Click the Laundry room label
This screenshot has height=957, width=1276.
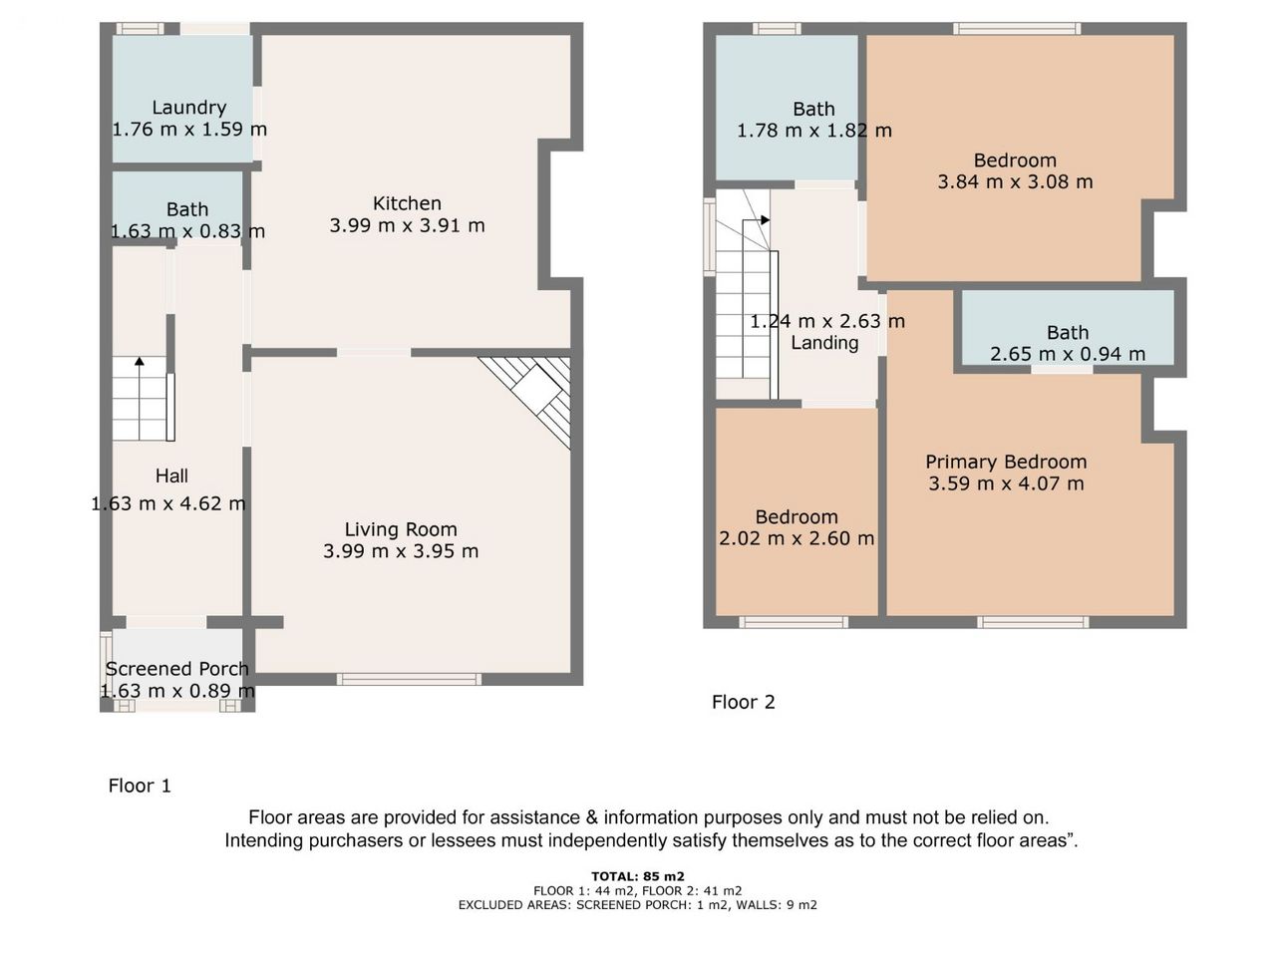(x=189, y=108)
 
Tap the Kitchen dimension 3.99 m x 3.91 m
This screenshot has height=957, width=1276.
(x=407, y=225)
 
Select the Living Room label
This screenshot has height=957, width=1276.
(x=401, y=529)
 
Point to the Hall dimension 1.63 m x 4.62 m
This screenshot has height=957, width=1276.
(x=168, y=503)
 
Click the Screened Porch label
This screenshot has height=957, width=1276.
(x=176, y=669)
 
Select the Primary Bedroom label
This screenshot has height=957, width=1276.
(x=1006, y=462)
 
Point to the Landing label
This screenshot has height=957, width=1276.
(x=824, y=343)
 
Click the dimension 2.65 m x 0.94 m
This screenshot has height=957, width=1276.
(x=1068, y=354)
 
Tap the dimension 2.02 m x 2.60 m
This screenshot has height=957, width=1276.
(x=797, y=538)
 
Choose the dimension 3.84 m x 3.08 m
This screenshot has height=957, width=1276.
(x=1015, y=181)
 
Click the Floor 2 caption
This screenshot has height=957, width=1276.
(x=743, y=702)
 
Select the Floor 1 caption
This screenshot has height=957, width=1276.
(x=140, y=786)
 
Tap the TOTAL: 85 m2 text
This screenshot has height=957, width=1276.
(x=638, y=876)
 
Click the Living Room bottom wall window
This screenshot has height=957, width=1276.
(x=409, y=679)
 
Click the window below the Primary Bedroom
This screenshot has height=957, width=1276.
(x=1033, y=622)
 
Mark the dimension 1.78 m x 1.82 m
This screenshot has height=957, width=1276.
(x=813, y=131)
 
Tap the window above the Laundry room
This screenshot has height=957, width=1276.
(x=140, y=29)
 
